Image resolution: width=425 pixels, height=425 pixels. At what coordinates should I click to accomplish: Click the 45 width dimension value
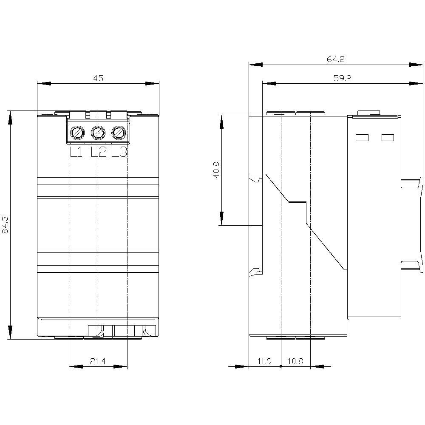pos(98,78)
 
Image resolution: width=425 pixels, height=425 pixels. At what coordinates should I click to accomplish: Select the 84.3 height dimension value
pos(5,224)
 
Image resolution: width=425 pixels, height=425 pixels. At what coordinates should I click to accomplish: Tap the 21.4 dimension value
pos(98,362)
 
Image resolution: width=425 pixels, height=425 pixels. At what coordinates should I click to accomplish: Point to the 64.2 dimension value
pos(336,59)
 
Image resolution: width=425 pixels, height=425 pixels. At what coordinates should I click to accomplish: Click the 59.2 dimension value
pos(343,78)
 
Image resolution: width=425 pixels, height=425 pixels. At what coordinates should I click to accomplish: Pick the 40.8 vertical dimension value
pos(216,170)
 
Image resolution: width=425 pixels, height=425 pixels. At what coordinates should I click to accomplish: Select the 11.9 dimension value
pos(264,362)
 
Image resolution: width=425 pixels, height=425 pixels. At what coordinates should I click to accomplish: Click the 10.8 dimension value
pos(295,362)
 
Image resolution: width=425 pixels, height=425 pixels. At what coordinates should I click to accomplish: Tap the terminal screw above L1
pos(77,133)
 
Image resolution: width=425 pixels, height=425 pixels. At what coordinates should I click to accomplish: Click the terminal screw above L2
pos(98,133)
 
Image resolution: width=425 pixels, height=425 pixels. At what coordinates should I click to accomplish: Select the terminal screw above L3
pos(119,133)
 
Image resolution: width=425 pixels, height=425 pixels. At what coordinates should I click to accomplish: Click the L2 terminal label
pos(98,152)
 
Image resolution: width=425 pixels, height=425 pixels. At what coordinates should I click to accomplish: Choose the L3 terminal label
pos(119,152)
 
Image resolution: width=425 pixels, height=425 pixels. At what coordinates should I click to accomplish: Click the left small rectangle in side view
pos(361,137)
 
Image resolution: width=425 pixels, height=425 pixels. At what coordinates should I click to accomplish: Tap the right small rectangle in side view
pos(388,137)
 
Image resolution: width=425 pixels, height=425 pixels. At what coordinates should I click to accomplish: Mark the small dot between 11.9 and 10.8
pos(280,366)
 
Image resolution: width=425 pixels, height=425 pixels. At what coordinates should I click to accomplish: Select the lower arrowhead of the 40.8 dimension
pos(221,218)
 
